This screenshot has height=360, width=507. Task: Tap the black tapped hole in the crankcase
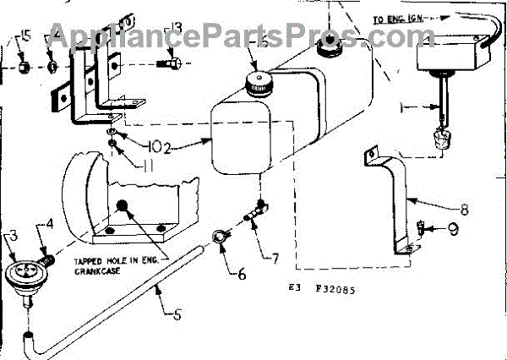pos(122,205)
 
